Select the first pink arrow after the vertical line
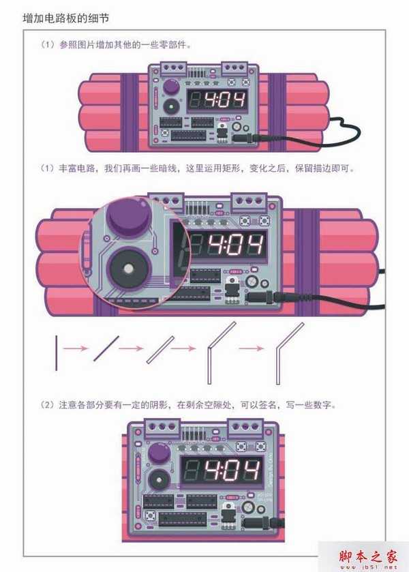pyautogui.click(x=77, y=348)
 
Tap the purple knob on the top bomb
pyautogui.click(x=170, y=88)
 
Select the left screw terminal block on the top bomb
pyautogui.click(x=173, y=67)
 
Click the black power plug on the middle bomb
pyautogui.click(x=262, y=297)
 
